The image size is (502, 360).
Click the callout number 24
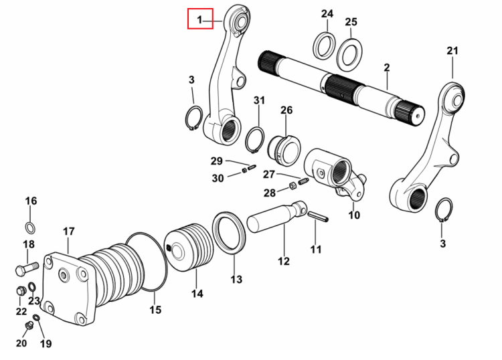tap(327, 14)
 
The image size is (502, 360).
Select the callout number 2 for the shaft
tap(387, 68)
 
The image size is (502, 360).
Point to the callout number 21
tap(452, 51)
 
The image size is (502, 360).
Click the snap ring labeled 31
tap(255, 140)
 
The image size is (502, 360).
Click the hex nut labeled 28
tap(292, 185)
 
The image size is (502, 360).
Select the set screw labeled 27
tap(303, 182)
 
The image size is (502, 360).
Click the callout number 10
tap(354, 215)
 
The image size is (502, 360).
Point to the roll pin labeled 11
tap(318, 216)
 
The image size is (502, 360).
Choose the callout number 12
tap(284, 261)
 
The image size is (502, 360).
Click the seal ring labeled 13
tap(229, 233)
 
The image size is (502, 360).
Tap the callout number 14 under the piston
tap(197, 294)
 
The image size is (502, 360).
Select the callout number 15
tap(155, 310)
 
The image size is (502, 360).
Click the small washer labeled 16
tap(30, 228)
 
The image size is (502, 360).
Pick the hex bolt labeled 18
tap(27, 268)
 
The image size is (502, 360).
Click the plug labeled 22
tap(21, 291)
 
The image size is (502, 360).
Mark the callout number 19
tap(46, 343)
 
